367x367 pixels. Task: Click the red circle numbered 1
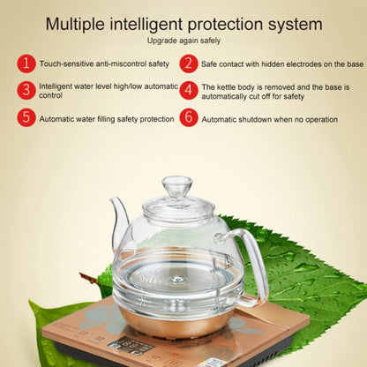pyautogui.click(x=27, y=64)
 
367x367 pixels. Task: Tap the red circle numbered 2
pyautogui.click(x=188, y=64)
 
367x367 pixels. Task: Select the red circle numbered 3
pyautogui.click(x=27, y=90)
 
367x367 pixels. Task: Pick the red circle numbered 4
pyautogui.click(x=188, y=91)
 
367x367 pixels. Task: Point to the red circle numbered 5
pyautogui.click(x=27, y=117)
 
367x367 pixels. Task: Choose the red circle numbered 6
pyautogui.click(x=188, y=117)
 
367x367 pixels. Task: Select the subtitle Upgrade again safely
pyautogui.click(x=183, y=41)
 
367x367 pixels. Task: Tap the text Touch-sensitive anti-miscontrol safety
pyautogui.click(x=103, y=64)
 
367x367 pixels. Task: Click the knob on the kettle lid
pyautogui.click(x=177, y=186)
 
